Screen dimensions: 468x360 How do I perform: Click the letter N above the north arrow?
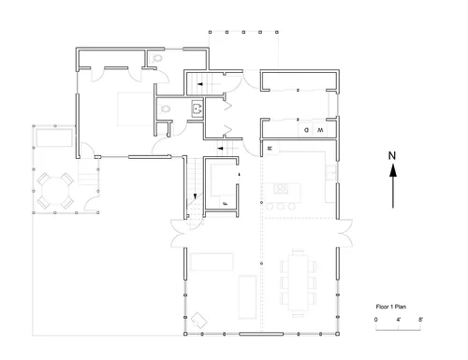point(392,155)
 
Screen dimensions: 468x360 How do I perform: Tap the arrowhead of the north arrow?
point(393,170)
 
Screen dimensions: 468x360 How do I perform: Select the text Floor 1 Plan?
point(391,307)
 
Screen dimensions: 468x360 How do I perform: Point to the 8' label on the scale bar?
point(420,320)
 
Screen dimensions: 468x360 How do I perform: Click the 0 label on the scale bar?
point(375,320)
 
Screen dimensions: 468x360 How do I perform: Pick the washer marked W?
point(320,130)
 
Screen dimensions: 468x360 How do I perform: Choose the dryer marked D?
point(306,130)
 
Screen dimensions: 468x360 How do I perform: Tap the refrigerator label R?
point(271,149)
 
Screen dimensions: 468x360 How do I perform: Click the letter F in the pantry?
point(225,204)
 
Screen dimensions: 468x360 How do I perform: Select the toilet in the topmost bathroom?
point(157,58)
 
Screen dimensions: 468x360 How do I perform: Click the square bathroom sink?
point(197,108)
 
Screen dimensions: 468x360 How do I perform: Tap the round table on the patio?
point(55,191)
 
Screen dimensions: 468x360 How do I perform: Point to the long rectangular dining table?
point(298,282)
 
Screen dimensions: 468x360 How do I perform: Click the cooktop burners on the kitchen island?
point(281,189)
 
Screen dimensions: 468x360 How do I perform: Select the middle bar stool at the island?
point(281,206)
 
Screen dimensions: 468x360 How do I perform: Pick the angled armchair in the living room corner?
point(198,320)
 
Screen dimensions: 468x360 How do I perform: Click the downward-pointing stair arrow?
point(195,196)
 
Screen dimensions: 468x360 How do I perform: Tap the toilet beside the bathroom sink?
point(165,109)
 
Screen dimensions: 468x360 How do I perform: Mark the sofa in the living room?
point(212,262)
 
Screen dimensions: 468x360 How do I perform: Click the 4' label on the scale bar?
point(399,320)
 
